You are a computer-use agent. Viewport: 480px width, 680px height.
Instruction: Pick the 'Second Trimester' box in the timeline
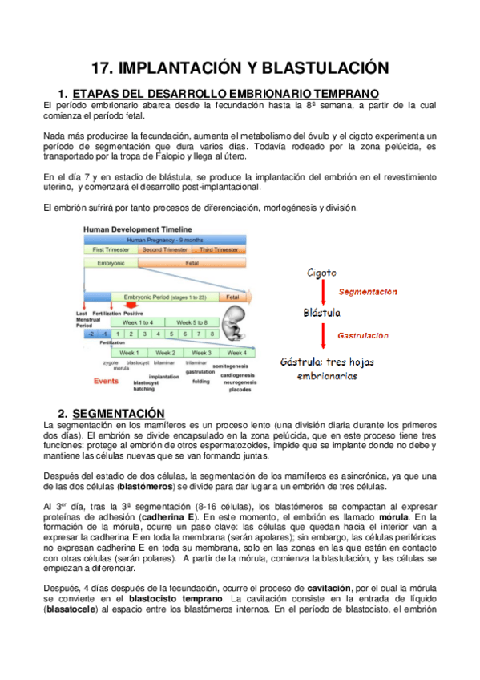163,249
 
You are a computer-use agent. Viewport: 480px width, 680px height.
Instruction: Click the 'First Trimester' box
111,249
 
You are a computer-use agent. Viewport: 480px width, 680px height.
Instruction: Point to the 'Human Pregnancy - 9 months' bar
163,239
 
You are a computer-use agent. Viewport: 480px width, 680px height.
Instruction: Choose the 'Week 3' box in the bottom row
201,352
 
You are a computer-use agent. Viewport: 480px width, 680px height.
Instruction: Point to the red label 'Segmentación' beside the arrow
368,292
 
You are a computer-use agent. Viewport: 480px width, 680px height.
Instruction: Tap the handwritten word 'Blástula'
322,312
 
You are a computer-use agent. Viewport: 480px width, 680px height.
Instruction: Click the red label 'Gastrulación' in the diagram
362,335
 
